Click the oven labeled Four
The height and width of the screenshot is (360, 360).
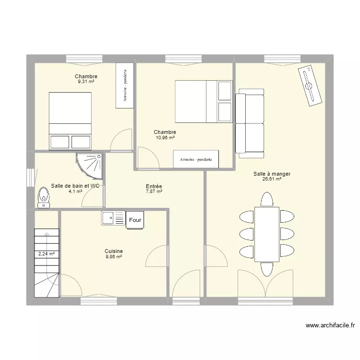point(135,220)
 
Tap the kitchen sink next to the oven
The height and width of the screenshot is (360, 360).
point(113,218)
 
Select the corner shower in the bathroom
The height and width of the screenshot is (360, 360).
point(90,166)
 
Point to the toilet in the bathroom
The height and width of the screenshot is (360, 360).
point(44,197)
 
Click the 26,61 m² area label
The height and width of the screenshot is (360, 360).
point(272,179)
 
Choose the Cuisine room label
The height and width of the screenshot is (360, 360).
point(114,251)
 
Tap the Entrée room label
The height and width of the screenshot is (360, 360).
point(154,186)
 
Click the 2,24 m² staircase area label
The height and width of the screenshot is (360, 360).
point(47,254)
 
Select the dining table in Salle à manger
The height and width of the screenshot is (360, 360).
point(267,234)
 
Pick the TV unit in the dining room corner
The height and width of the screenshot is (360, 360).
point(310,85)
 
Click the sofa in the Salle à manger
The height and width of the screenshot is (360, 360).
point(250,123)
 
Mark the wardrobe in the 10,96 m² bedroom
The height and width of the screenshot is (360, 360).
point(196,159)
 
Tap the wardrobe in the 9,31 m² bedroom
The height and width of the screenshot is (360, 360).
point(125,85)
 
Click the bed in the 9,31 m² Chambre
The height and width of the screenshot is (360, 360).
point(70,121)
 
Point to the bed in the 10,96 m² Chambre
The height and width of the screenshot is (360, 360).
point(204,101)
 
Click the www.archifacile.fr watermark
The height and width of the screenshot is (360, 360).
point(330,325)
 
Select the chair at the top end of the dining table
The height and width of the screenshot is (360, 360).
point(267,199)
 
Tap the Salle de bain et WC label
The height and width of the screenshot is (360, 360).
point(75,186)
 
